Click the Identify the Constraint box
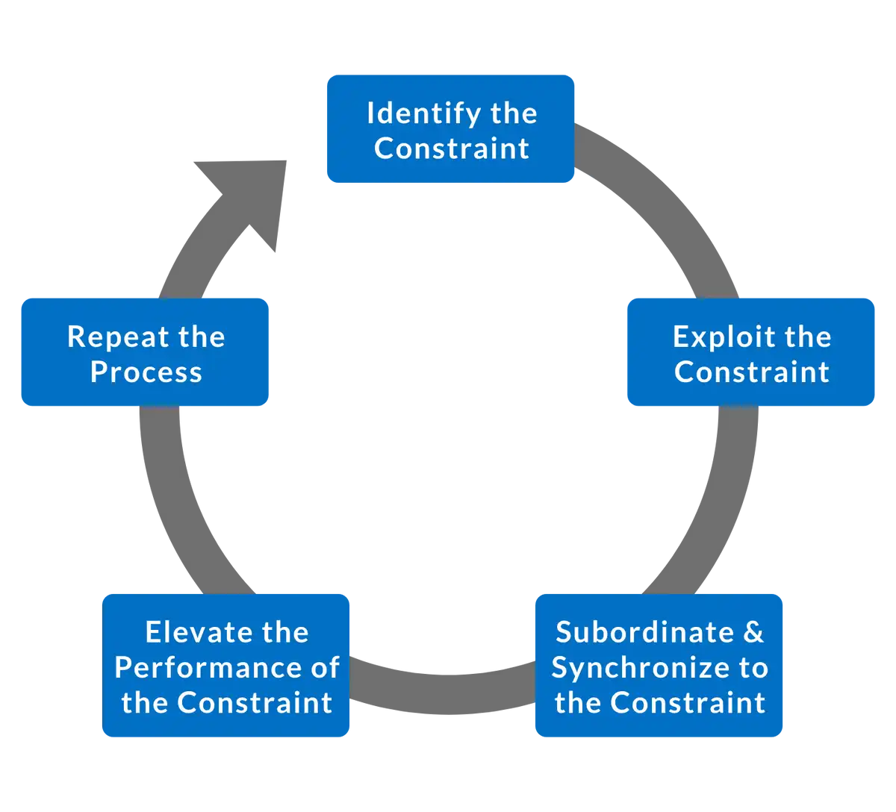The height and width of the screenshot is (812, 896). coord(451,128)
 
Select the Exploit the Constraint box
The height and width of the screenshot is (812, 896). coord(750,352)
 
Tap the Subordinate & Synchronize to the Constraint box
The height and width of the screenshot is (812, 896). coord(659,666)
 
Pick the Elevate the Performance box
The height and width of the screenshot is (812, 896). coord(226,666)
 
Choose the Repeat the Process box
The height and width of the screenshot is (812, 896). coord(145,352)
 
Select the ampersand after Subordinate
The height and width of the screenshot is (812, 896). coord(753,632)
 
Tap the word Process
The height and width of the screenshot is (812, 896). coord(146,372)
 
